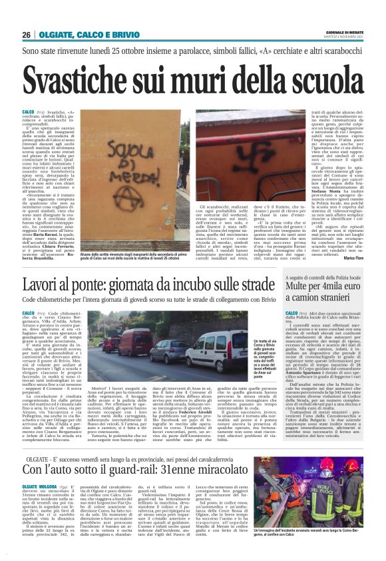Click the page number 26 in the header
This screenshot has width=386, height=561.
point(26,35)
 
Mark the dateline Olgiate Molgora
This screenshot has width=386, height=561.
point(39,487)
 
